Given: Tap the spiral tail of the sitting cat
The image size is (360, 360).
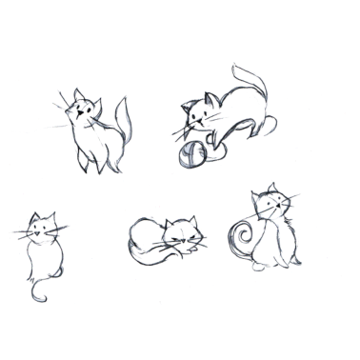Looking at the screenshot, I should tap(241, 235).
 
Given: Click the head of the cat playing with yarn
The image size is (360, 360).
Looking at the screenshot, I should tap(201, 112).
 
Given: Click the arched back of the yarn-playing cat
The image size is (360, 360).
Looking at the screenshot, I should tap(233, 95).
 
